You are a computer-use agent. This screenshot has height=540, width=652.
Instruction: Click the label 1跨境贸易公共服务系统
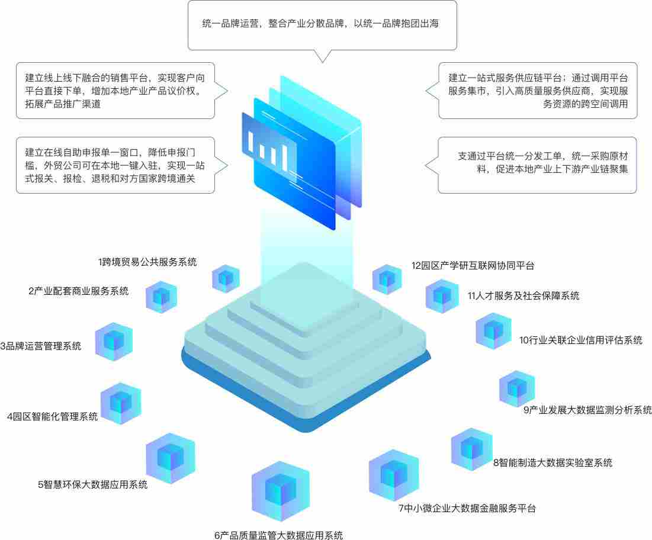click(x=147, y=262)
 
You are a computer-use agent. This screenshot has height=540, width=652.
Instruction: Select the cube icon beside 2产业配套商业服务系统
click(x=161, y=297)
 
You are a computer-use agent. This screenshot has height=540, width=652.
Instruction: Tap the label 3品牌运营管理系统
click(x=41, y=346)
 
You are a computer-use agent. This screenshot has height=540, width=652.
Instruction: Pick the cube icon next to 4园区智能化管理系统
click(x=121, y=403)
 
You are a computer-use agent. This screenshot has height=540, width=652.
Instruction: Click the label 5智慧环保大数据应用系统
click(x=93, y=484)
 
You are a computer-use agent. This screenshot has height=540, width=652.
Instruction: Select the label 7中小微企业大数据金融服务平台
click(x=467, y=508)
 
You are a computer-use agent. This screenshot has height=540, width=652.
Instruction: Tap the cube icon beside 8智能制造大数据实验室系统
click(x=471, y=449)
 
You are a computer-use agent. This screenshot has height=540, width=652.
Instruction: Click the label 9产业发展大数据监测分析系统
click(x=587, y=410)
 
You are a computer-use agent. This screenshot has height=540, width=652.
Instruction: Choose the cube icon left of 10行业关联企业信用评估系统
click(x=493, y=332)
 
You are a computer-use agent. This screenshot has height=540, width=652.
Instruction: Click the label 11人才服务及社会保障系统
click(x=523, y=295)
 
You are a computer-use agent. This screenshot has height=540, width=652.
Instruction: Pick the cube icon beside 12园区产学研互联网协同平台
click(x=387, y=279)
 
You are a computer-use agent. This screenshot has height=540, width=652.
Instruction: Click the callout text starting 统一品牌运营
click(x=320, y=23)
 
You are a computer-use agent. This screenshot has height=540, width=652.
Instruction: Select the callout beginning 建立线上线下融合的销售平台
click(x=115, y=91)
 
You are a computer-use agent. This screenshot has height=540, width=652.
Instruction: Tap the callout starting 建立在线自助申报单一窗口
click(x=115, y=165)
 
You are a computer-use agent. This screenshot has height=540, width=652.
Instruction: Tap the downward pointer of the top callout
click(x=323, y=56)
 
